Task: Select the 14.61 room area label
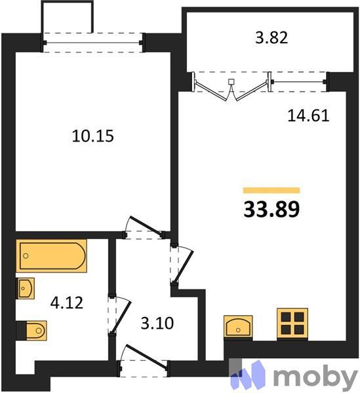308,116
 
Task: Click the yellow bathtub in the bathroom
52,256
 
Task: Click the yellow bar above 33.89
271,190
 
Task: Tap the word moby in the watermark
315,377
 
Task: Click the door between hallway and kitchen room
179,265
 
